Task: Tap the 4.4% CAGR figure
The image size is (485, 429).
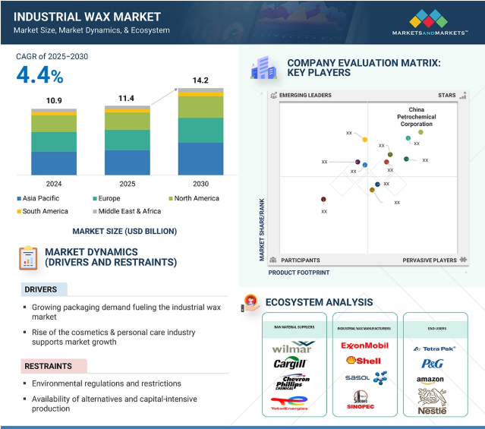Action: click(39, 75)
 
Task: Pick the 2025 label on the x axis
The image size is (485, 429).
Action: click(127, 184)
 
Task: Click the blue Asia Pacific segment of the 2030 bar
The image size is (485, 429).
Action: click(200, 159)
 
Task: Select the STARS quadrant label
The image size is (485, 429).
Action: click(447, 96)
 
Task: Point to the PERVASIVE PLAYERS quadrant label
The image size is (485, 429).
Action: click(430, 260)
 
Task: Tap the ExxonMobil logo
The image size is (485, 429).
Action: click(364, 345)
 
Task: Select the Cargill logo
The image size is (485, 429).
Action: click(291, 364)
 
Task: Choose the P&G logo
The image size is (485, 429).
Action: click(430, 363)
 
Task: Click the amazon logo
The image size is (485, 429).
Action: click(430, 380)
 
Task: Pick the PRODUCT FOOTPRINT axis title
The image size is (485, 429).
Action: click(298, 272)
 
